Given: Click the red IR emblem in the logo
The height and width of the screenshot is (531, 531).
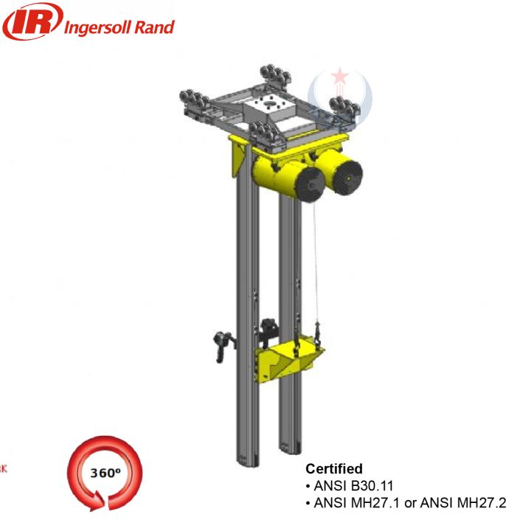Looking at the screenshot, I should click(30, 23).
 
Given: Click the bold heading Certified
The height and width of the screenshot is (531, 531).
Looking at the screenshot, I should click(334, 469).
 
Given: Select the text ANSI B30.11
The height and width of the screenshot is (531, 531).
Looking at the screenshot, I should click(349, 486).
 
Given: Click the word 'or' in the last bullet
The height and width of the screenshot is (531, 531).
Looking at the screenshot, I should click(414, 503).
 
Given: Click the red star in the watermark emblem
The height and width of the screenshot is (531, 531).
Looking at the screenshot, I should click(340, 77).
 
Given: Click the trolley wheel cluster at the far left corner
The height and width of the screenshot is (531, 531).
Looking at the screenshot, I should click(192, 100).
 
